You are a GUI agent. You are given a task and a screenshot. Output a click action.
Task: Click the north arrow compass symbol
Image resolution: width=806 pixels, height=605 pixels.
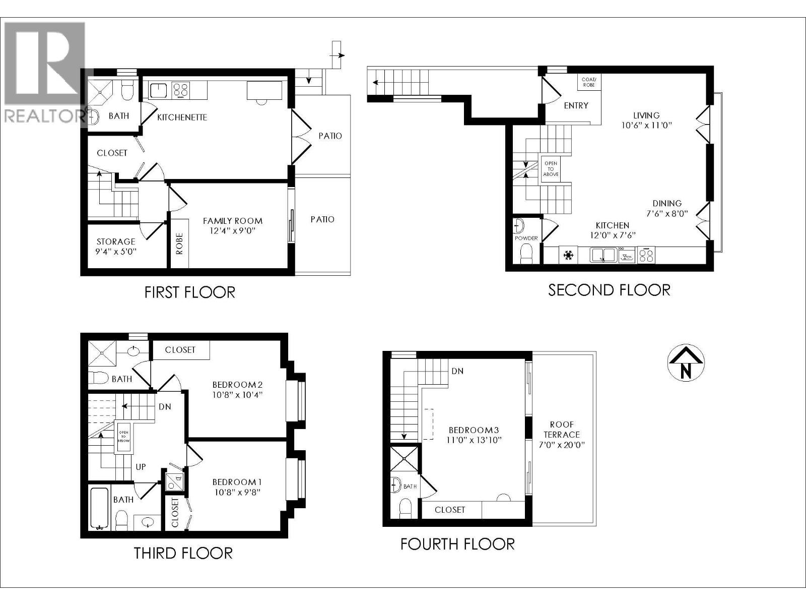tap(686, 363)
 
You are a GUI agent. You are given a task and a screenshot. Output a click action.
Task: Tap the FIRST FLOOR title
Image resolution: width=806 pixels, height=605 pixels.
tap(190, 292)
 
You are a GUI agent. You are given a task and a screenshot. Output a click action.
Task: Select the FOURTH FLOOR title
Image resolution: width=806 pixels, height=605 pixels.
tap(457, 544)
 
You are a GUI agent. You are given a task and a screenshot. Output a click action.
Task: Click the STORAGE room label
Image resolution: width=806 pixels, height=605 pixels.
tap(116, 241)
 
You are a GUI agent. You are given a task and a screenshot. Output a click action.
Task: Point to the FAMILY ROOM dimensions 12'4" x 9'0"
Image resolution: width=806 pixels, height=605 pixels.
tap(233, 231)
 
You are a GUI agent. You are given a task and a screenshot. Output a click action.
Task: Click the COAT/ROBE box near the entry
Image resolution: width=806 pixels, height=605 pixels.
tap(588, 82)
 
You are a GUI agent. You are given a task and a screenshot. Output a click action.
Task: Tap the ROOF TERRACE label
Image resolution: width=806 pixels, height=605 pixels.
tap(562, 430)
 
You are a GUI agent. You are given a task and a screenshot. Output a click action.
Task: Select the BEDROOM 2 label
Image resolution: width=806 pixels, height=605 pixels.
tap(237, 385)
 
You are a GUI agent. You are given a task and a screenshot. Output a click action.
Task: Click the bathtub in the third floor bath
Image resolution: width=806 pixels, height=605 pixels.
tap(99, 508)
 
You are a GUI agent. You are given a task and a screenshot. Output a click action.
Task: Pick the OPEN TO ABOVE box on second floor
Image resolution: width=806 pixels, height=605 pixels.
tap(551, 169)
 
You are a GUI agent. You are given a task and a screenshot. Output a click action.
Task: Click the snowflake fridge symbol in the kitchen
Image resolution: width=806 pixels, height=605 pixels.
tap(569, 256)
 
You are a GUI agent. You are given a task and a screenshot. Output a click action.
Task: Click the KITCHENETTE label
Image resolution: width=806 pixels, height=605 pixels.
tap(182, 117)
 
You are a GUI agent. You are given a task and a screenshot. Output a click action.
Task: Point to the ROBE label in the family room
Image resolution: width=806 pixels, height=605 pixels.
tap(180, 244)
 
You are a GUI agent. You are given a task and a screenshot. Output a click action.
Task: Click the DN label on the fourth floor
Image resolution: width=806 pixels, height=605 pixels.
tap(457, 371)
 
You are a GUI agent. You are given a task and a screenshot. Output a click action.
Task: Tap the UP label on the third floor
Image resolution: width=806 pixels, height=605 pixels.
tap(141, 467)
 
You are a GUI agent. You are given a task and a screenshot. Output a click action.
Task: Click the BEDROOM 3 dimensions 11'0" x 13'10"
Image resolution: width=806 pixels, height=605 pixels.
tap(474, 440)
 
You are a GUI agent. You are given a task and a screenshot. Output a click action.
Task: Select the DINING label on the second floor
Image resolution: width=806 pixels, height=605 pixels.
tap(667, 204)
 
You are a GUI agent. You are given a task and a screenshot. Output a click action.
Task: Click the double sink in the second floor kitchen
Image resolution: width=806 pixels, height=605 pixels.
tap(602, 256)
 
